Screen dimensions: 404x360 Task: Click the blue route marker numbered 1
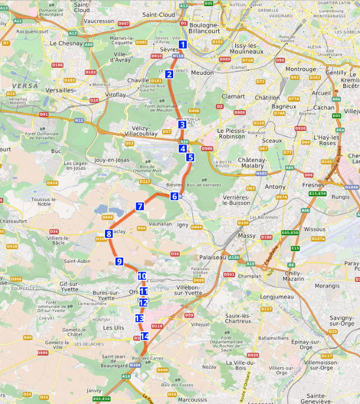point(183,44)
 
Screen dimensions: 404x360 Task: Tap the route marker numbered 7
point(140,206)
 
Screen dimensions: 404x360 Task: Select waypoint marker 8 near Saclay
point(109,233)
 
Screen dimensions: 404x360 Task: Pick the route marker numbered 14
point(145,336)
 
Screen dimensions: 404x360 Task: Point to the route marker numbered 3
point(182,124)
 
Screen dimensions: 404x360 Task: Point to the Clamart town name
point(233,96)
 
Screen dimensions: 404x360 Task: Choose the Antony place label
point(275,187)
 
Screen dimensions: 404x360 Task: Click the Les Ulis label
point(114,327)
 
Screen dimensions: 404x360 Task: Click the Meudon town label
point(202,73)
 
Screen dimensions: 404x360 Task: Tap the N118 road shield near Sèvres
point(178,56)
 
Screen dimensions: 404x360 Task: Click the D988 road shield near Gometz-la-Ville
point(43,352)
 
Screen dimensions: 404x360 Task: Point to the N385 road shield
point(262,173)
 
